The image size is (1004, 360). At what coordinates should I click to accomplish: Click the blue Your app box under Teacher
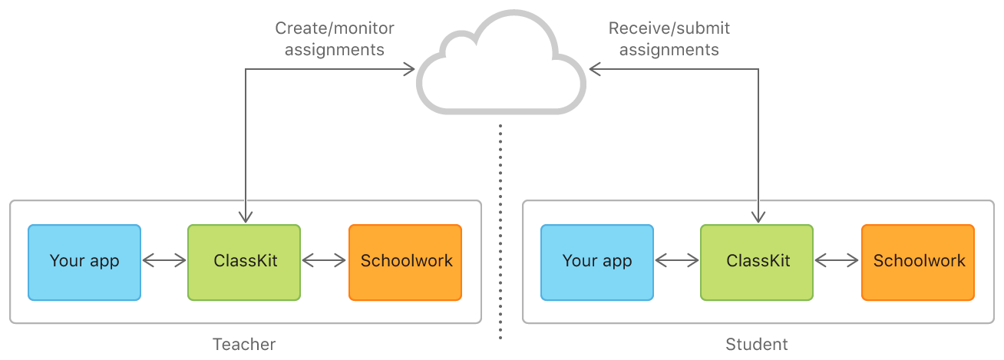[84, 262]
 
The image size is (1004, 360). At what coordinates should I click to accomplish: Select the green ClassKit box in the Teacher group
[244, 262]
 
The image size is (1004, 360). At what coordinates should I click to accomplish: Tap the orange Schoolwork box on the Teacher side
[405, 262]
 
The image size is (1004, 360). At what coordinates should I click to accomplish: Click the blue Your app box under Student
[597, 262]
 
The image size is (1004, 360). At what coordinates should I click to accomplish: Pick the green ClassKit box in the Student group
[757, 262]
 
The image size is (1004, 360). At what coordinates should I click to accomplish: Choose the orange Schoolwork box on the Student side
[918, 262]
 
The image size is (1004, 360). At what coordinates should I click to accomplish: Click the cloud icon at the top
[501, 65]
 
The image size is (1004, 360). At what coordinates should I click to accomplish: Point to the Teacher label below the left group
[244, 344]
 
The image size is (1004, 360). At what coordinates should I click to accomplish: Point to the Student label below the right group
[757, 344]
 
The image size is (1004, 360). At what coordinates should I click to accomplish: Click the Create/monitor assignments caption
[335, 39]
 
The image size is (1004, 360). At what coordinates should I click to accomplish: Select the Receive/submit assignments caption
[669, 39]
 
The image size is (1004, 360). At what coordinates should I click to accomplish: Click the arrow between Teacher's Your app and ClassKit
[164, 262]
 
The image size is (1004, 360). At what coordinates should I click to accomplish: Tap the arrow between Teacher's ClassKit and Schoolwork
[325, 262]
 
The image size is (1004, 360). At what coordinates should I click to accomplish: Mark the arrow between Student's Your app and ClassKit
[677, 262]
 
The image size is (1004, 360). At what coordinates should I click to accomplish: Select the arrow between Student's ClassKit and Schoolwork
[837, 262]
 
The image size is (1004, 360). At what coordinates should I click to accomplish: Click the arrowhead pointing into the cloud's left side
[409, 70]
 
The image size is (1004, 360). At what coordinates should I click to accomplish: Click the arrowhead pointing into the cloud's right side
[594, 70]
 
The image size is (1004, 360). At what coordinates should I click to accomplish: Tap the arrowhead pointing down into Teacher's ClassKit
[245, 217]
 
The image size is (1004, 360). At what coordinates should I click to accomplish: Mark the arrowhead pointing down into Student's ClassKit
[758, 217]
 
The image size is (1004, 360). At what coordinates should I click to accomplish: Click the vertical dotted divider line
[500, 230]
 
